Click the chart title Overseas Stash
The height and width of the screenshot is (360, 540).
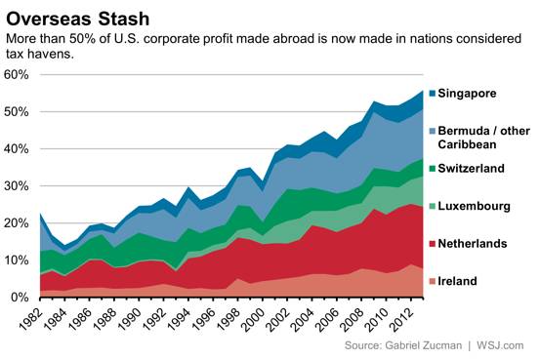(x=78, y=19)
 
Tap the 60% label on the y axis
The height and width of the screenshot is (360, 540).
(x=17, y=75)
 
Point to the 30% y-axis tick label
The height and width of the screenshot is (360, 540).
(x=17, y=186)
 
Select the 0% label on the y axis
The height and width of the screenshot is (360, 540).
(x=20, y=298)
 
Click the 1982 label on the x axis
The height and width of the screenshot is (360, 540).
(x=31, y=319)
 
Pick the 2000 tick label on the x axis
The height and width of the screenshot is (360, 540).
(x=255, y=319)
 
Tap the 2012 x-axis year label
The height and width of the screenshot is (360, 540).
(x=403, y=319)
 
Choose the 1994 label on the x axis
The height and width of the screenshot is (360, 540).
(x=181, y=319)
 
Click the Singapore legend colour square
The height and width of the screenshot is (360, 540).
(x=433, y=94)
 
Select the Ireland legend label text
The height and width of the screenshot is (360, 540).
(x=457, y=281)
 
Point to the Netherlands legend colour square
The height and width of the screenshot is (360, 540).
(x=433, y=244)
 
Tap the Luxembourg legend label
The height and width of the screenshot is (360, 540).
(x=474, y=206)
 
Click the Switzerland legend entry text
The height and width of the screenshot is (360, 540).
(x=471, y=169)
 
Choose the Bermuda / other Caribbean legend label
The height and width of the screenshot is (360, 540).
(x=484, y=138)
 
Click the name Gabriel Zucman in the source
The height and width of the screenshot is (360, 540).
(x=423, y=345)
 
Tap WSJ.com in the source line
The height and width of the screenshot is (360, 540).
(x=500, y=345)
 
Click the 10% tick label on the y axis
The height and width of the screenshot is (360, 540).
(x=17, y=260)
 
